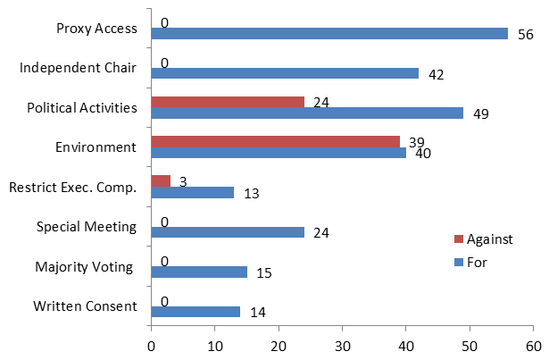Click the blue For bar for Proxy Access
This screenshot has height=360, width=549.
[329, 34]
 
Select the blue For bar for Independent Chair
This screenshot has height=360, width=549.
[284, 73]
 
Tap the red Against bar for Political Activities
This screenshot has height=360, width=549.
[227, 101]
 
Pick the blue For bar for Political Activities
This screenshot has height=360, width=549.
[307, 113]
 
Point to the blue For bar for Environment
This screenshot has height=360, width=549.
[279, 153]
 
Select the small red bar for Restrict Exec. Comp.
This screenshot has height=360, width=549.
[160, 181]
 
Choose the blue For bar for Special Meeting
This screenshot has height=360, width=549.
[227, 232]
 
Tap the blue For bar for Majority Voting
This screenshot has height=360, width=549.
[198, 272]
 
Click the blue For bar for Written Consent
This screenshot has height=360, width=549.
[195, 312]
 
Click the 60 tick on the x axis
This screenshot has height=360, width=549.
[533, 344]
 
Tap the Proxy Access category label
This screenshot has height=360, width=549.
[96, 28]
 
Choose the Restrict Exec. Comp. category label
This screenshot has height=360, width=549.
[72, 187]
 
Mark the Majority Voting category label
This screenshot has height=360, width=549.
[85, 266]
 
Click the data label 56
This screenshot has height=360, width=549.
[525, 34]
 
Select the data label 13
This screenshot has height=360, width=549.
[251, 194]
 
